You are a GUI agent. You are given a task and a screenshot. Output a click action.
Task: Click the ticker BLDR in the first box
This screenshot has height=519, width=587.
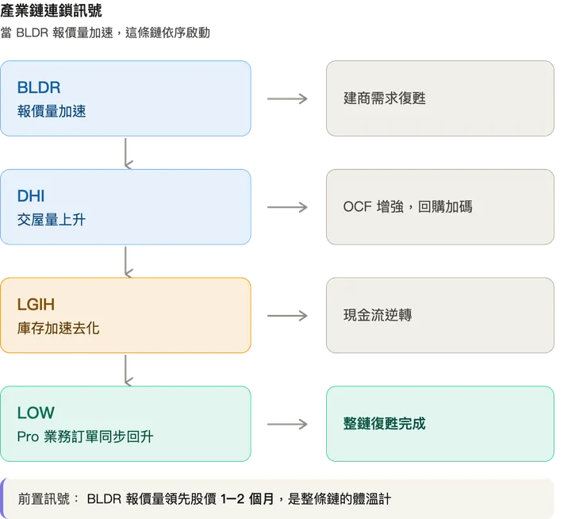pos(39,87)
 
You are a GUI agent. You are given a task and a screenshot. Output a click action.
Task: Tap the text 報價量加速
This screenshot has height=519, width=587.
pos(52,111)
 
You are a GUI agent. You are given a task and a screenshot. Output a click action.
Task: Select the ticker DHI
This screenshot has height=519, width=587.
pos(31,196)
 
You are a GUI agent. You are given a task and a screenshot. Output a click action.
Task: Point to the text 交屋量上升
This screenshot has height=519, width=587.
pos(52,220)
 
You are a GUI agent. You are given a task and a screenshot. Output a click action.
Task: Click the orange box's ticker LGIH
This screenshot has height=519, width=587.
pos(36,305)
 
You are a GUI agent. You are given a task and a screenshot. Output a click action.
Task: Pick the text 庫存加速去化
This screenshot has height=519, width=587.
pos(59,328)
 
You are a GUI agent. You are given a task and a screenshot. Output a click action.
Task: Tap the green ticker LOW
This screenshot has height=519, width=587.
pos(36,413)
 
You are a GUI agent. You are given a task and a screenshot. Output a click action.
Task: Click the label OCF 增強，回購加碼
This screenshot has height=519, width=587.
pos(408,207)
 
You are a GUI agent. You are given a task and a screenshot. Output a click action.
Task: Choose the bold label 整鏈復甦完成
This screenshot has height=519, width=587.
pos(385,424)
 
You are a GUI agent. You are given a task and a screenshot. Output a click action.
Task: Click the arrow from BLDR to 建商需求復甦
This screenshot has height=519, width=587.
pos(288,99)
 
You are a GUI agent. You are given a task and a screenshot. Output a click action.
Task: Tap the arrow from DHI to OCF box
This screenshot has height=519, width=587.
pos(288,208)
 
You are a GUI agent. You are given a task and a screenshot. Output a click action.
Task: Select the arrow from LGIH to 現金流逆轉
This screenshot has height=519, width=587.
pos(288,316)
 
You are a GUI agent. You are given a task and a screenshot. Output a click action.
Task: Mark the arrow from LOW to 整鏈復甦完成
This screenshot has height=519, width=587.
pos(288,425)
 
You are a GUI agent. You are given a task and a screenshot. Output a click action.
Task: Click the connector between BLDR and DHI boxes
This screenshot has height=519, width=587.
pos(126,152)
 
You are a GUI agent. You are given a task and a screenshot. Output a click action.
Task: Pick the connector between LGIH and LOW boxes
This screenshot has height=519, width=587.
pos(126,369)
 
